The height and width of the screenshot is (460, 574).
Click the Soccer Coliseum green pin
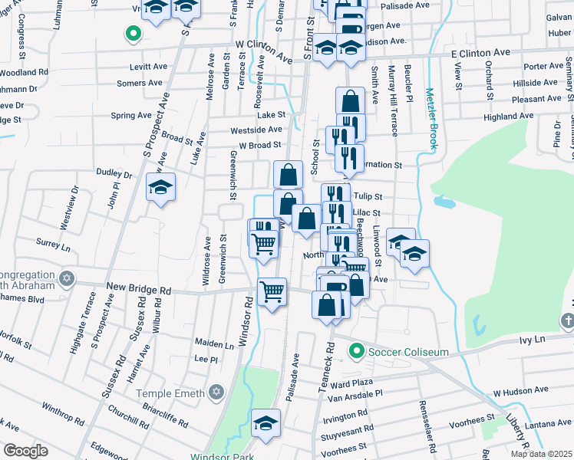[x=355, y=352]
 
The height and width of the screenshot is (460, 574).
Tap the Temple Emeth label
[x=172, y=393]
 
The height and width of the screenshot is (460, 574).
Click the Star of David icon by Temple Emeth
[x=216, y=393]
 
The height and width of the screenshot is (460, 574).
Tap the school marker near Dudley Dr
[x=161, y=187]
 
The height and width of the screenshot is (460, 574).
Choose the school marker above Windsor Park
[x=266, y=423]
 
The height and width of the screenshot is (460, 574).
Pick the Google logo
[x=25, y=451]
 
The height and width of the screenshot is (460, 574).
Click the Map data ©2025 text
[x=542, y=454]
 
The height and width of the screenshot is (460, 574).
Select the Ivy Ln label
[x=530, y=338]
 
